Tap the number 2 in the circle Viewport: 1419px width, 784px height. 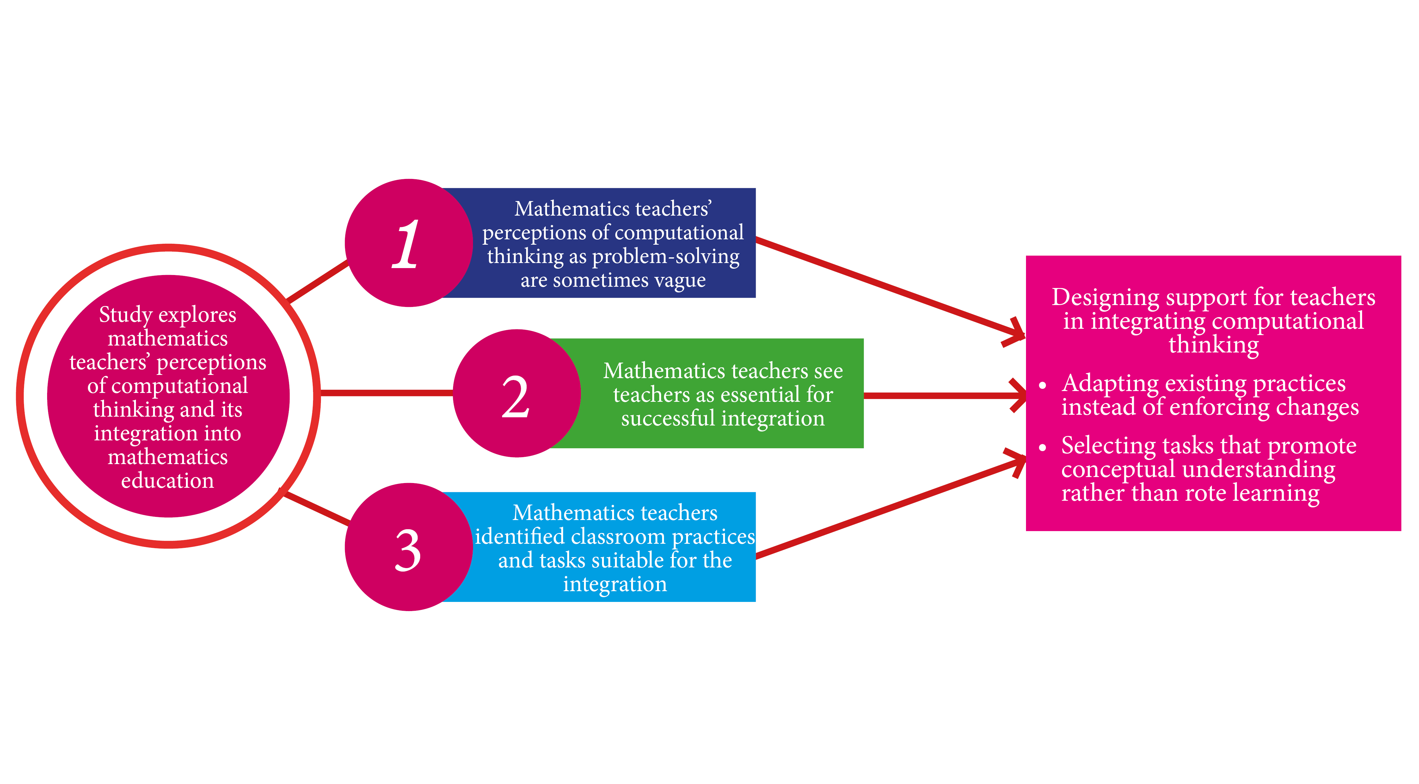pos(516,397)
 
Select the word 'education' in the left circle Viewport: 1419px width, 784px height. pos(168,481)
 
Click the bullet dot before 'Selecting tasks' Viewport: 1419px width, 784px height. pos(1042,447)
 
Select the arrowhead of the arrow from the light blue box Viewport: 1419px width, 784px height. pos(1018,461)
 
